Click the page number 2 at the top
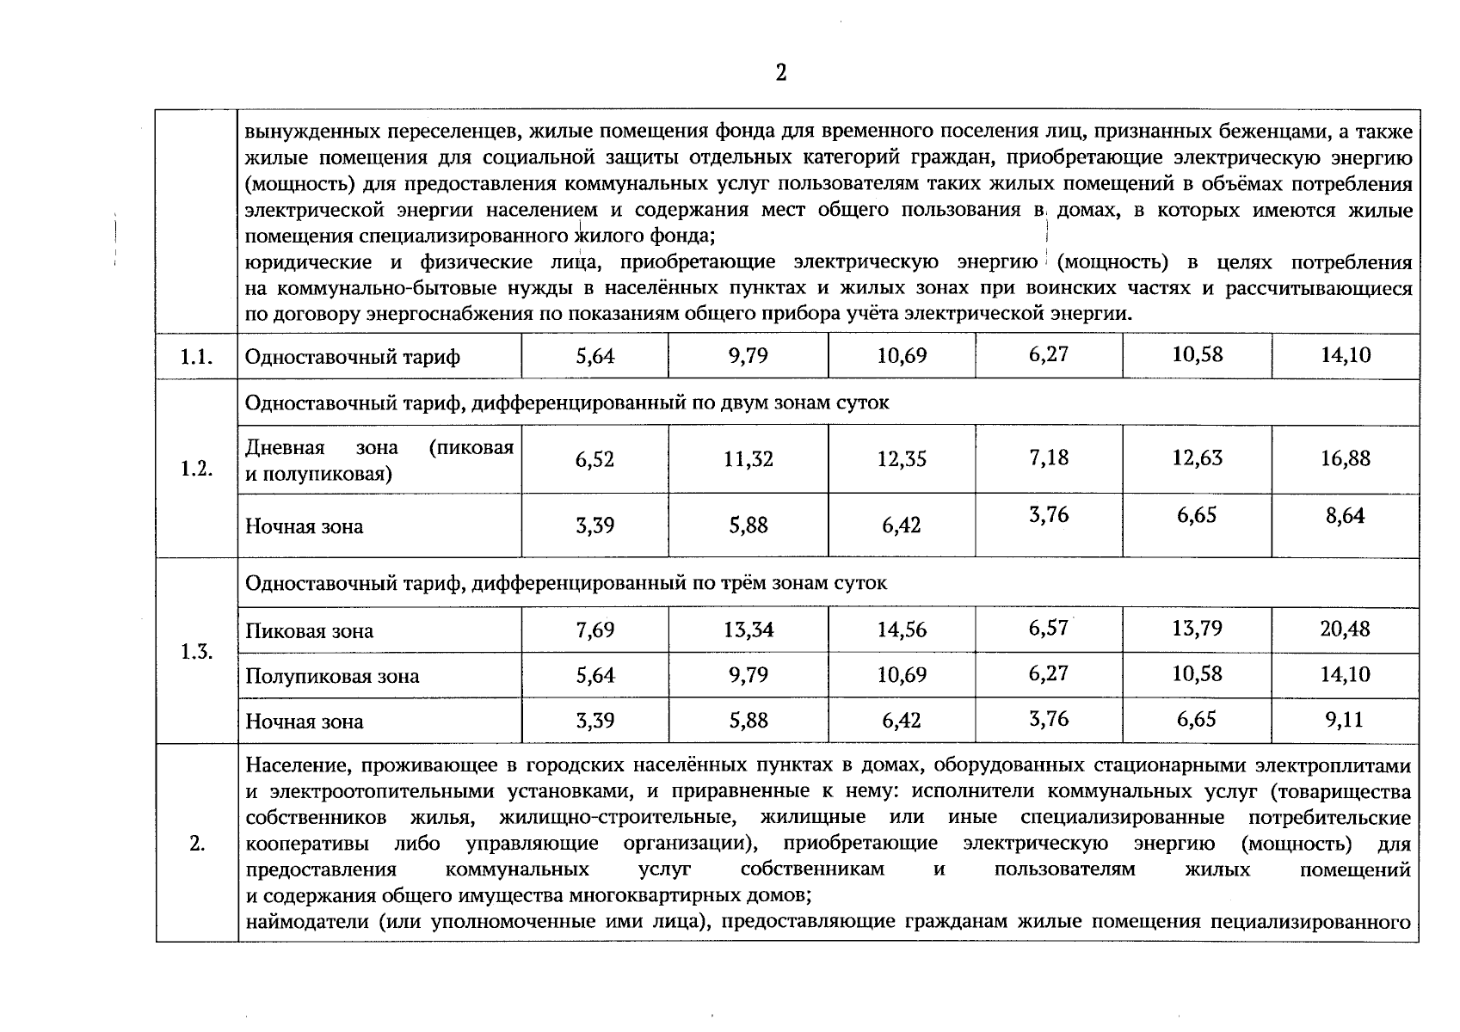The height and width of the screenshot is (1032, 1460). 780,73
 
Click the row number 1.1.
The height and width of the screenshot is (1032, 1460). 197,356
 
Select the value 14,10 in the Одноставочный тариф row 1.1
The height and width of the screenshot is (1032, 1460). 1346,354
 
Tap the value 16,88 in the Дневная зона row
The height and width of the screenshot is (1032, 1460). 1346,458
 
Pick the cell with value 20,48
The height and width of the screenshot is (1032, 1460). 1346,629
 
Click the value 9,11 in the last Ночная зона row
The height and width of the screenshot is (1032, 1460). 1345,719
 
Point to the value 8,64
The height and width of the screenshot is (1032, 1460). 1346,516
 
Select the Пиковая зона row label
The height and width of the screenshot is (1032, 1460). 310,631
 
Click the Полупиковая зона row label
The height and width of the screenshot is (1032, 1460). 332,676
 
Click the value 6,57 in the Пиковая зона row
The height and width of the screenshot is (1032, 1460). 1048,629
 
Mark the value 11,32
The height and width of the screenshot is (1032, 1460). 748,459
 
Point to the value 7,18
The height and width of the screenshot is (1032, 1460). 1049,458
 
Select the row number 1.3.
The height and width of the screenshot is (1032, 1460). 197,652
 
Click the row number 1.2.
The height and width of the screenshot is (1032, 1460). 197,469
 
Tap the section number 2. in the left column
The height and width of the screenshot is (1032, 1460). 197,844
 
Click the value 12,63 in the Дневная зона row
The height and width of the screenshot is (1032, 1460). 1197,458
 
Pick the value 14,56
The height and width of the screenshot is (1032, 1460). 902,630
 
